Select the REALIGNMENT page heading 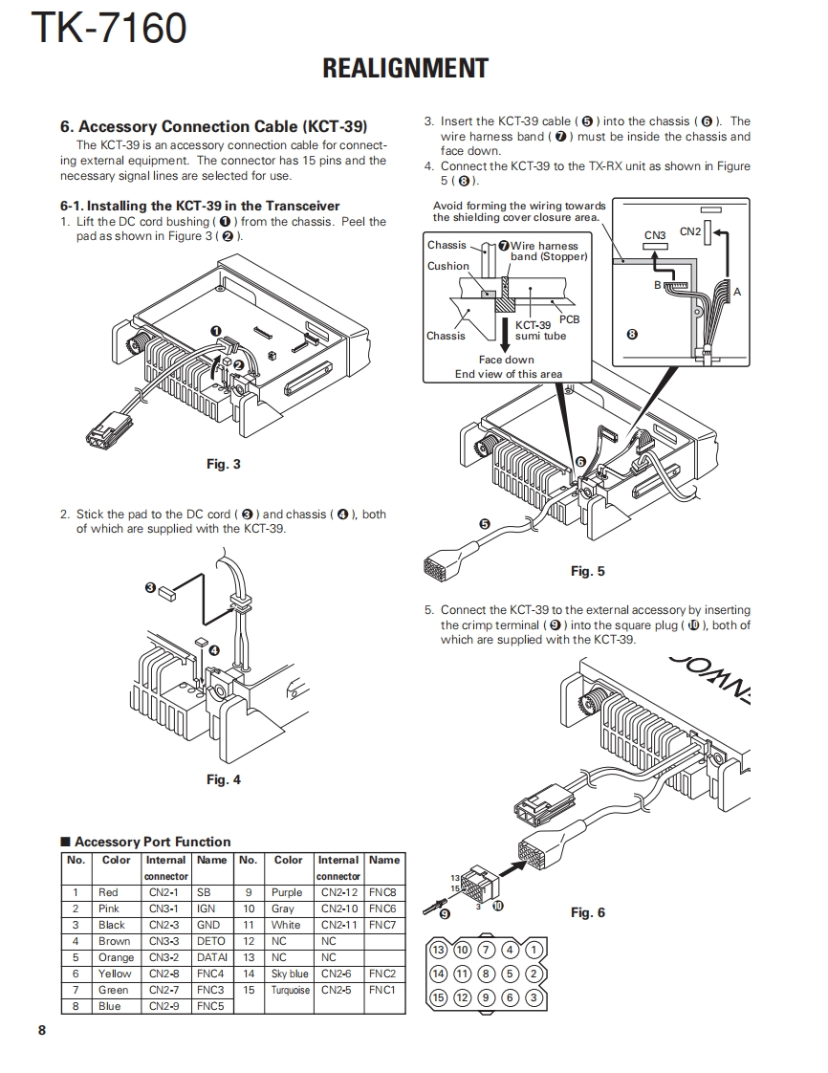405,69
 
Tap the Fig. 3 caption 224,465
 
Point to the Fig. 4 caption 224,779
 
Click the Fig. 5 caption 587,571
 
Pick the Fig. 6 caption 587,912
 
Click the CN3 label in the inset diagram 655,235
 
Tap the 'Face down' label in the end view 507,361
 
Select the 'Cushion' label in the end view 447,266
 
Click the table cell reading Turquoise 288,990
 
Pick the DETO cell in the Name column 210,941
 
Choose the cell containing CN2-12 338,892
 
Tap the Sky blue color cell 288,974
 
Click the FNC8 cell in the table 382,892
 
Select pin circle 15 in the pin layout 439,997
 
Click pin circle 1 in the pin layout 534,950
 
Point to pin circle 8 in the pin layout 487,974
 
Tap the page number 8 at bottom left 41,1030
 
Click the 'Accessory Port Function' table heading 151,842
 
